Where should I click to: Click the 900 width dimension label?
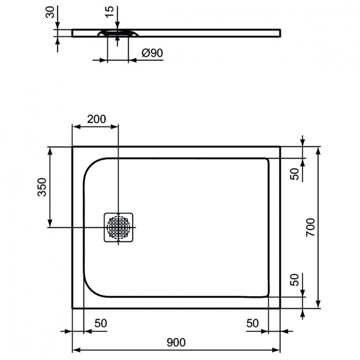point(176,342)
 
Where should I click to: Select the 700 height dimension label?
point(311,227)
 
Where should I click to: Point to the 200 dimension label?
point(96,120)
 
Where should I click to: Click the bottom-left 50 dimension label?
point(100,323)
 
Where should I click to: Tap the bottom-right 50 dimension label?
point(253,323)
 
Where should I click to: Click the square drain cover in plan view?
point(118,228)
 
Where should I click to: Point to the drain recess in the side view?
point(118,34)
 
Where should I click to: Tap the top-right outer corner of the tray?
point(280,147)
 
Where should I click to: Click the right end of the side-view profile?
point(280,33)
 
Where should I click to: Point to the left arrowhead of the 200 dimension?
point(74,127)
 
